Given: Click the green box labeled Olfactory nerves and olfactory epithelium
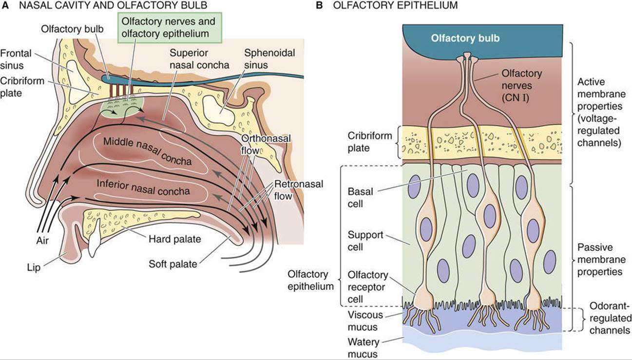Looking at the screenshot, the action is click(x=170, y=27).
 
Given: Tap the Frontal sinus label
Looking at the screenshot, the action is click(x=16, y=59).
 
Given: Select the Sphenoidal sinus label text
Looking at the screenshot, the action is click(x=269, y=58).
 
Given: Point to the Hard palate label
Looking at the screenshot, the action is click(x=174, y=239).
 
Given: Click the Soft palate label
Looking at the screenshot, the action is click(x=172, y=264).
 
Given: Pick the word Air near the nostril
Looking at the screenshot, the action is click(x=42, y=241).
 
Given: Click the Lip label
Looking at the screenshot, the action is click(x=34, y=267).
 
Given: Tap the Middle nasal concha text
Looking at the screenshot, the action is click(x=147, y=151).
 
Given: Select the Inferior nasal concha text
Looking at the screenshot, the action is click(x=143, y=188).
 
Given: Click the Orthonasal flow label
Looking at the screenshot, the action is click(x=266, y=145).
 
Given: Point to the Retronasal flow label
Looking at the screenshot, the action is click(x=299, y=190).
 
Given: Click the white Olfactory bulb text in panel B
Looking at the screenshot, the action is click(x=465, y=38).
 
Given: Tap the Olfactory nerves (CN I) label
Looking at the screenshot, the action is click(x=521, y=85).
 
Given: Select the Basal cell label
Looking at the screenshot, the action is click(x=360, y=197).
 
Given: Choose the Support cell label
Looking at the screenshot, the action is click(x=365, y=241).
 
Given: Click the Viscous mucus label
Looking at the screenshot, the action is click(x=365, y=321).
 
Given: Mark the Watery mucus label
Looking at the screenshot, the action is click(x=364, y=348).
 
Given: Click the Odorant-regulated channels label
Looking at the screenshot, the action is click(x=610, y=318).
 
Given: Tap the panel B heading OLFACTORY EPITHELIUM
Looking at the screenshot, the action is click(x=395, y=5).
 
